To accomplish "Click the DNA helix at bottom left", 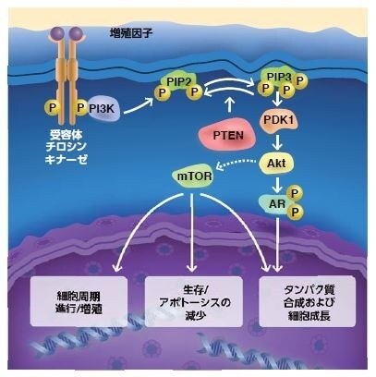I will pyautogui.click(x=74, y=351).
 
